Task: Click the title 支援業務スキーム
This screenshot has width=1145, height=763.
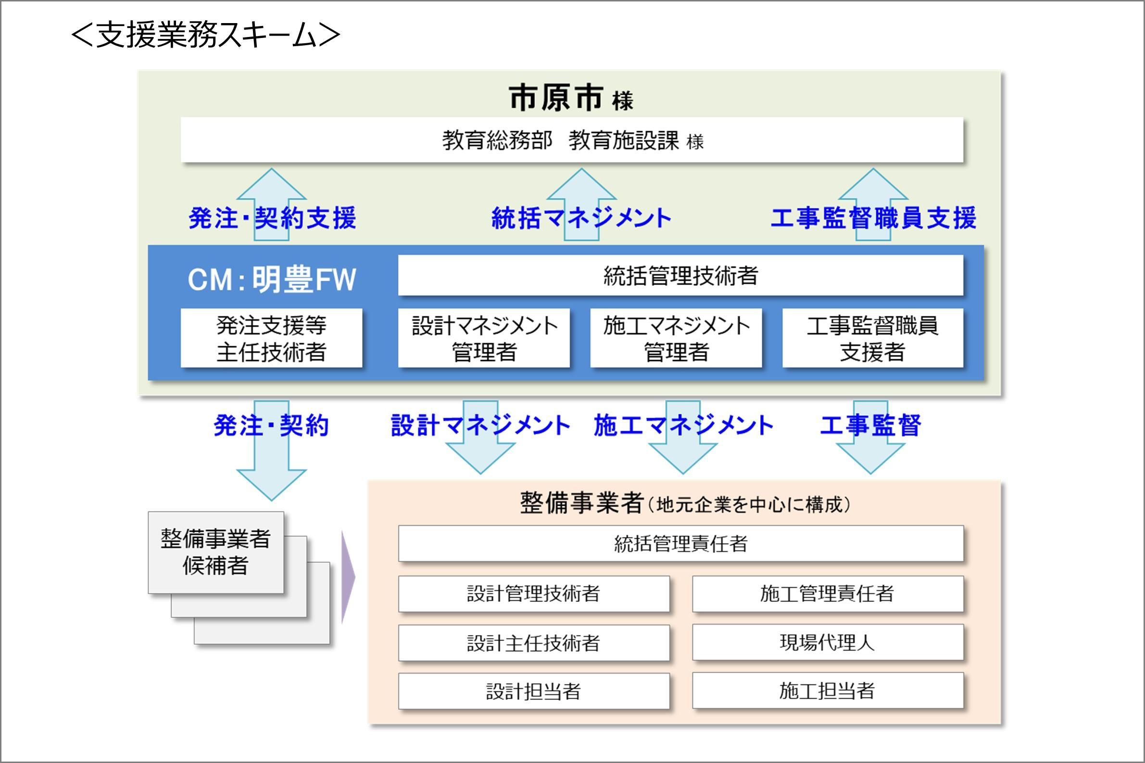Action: [x=205, y=35]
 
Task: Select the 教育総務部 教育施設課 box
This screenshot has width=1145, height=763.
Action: [x=572, y=140]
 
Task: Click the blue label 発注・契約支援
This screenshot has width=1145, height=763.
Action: [x=272, y=218]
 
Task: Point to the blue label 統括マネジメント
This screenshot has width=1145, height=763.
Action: [x=581, y=218]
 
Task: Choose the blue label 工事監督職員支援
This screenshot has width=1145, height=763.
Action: [x=873, y=218]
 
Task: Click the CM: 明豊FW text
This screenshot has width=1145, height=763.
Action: [x=272, y=280]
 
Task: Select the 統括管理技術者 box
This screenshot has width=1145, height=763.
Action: [x=680, y=275]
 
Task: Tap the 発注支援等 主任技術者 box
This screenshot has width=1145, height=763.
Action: [x=271, y=338]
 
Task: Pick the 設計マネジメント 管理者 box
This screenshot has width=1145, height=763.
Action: [x=484, y=338]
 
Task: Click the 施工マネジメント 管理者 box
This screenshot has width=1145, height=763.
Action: [x=676, y=338]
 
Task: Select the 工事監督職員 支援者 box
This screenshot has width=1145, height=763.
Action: [x=872, y=338]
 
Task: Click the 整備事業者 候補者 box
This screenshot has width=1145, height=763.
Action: [x=215, y=552]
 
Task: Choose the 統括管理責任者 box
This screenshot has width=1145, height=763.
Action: [x=680, y=544]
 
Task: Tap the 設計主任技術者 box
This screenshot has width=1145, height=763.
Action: [x=534, y=643]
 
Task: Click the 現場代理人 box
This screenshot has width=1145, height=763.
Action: [x=827, y=642]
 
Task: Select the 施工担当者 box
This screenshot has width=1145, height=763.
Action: [x=827, y=690]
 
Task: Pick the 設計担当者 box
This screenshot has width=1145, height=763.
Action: [x=534, y=691]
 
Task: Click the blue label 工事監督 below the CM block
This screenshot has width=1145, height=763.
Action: [x=870, y=425]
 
